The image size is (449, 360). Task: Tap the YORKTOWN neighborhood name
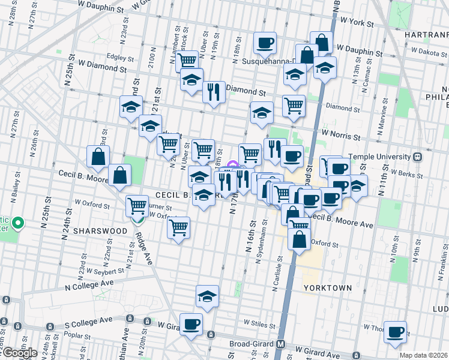click(x=327, y=288)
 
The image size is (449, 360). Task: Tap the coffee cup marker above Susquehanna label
click(x=265, y=43)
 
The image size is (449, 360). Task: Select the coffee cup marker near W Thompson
click(x=395, y=332)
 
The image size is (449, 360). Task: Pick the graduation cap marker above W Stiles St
click(x=207, y=296)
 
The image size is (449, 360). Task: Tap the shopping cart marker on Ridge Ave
click(x=137, y=206)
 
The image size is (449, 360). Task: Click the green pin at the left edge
click(x=18, y=224)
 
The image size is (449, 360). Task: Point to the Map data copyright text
click(x=424, y=355)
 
